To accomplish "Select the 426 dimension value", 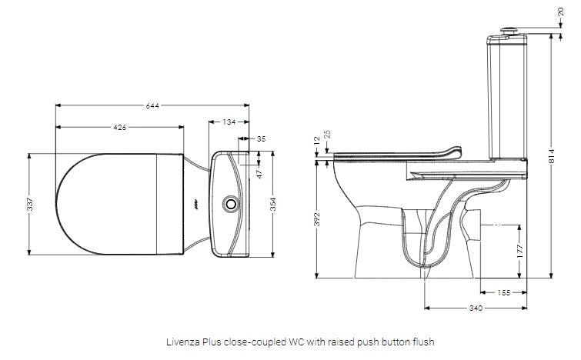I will click(120, 127).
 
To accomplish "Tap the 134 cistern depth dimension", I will click(229, 122).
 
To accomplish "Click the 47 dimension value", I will click(259, 174).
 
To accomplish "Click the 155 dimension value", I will click(503, 293).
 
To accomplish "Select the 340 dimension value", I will click(475, 308).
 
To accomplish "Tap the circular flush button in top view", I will click(229, 205).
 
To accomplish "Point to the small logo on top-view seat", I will click(196, 205).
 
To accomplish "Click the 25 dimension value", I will click(328, 135).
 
